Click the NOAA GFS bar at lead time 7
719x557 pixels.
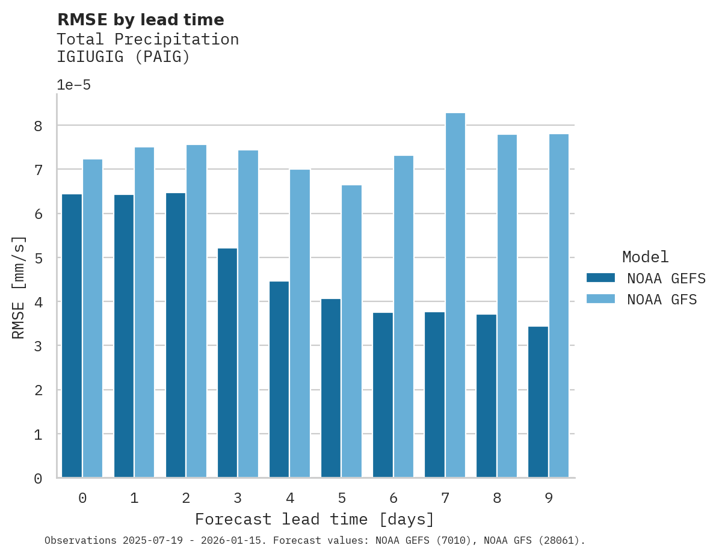pyautogui.click(x=455, y=295)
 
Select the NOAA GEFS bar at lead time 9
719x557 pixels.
pyautogui.click(x=538, y=402)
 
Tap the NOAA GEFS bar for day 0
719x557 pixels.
pyautogui.click(x=72, y=336)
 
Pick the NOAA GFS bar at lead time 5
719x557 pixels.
pyautogui.click(x=352, y=331)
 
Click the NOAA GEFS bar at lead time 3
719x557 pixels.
pyautogui.click(x=227, y=363)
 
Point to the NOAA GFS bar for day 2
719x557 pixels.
pyautogui.click(x=197, y=311)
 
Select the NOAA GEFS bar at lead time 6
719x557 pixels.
pyautogui.click(x=383, y=395)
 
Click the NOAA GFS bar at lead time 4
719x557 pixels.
pyautogui.click(x=300, y=324)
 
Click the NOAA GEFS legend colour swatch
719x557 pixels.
pyautogui.click(x=600, y=278)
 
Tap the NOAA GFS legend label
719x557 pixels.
pyautogui.click(x=662, y=300)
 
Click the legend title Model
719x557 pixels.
pyautogui.click(x=645, y=257)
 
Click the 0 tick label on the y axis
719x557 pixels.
pyautogui.click(x=38, y=479)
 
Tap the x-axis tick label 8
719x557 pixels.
pyautogui.click(x=497, y=498)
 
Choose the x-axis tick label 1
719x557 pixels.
pyautogui.click(x=134, y=498)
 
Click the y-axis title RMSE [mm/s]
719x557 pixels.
pyautogui.click(x=19, y=287)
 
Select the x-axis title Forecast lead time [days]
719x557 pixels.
pyautogui.click(x=315, y=519)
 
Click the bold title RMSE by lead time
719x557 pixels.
pyautogui.click(x=141, y=20)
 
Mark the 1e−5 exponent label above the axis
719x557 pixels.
pyautogui.click(x=73, y=85)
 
